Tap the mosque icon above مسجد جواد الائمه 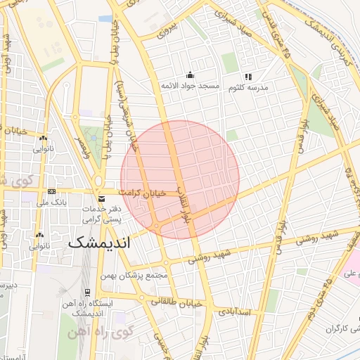coord(189,75)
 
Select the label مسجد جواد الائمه coord(190,86)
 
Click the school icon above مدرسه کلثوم coord(247,77)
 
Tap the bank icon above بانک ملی coord(51,191)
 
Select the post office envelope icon coord(103,199)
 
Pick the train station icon coord(87,292)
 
